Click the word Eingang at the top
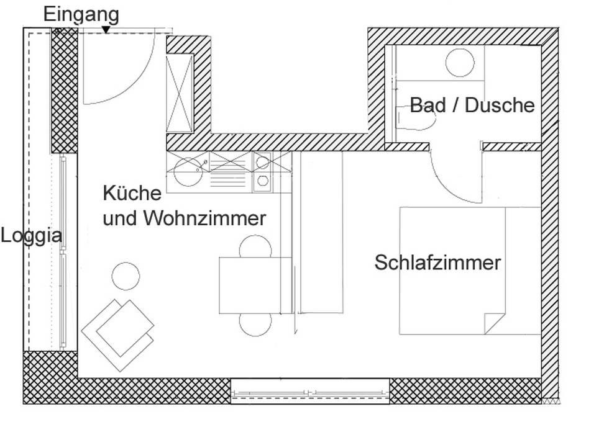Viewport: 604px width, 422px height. [x=81, y=16]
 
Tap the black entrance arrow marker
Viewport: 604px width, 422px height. [x=106, y=30]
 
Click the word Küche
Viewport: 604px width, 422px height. [x=132, y=193]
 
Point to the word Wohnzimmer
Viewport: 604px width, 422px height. [x=205, y=218]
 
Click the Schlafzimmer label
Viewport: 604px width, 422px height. [x=437, y=263]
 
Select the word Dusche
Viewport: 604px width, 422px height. [x=500, y=105]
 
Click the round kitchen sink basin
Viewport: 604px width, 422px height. [x=188, y=172]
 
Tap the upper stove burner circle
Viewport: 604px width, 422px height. [x=263, y=162]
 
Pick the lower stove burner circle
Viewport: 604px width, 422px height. [x=263, y=181]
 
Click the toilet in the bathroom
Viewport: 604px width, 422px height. [x=416, y=118]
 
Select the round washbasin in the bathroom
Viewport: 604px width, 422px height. [x=460, y=62]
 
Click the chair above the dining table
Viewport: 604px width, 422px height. [x=255, y=246]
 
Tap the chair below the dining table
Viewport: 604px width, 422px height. [x=255, y=325]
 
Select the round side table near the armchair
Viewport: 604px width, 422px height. [x=126, y=276]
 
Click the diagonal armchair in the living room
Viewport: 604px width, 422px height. [x=118, y=334]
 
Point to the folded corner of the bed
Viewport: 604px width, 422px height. [x=494, y=323]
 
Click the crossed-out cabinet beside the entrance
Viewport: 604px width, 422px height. [x=179, y=93]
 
